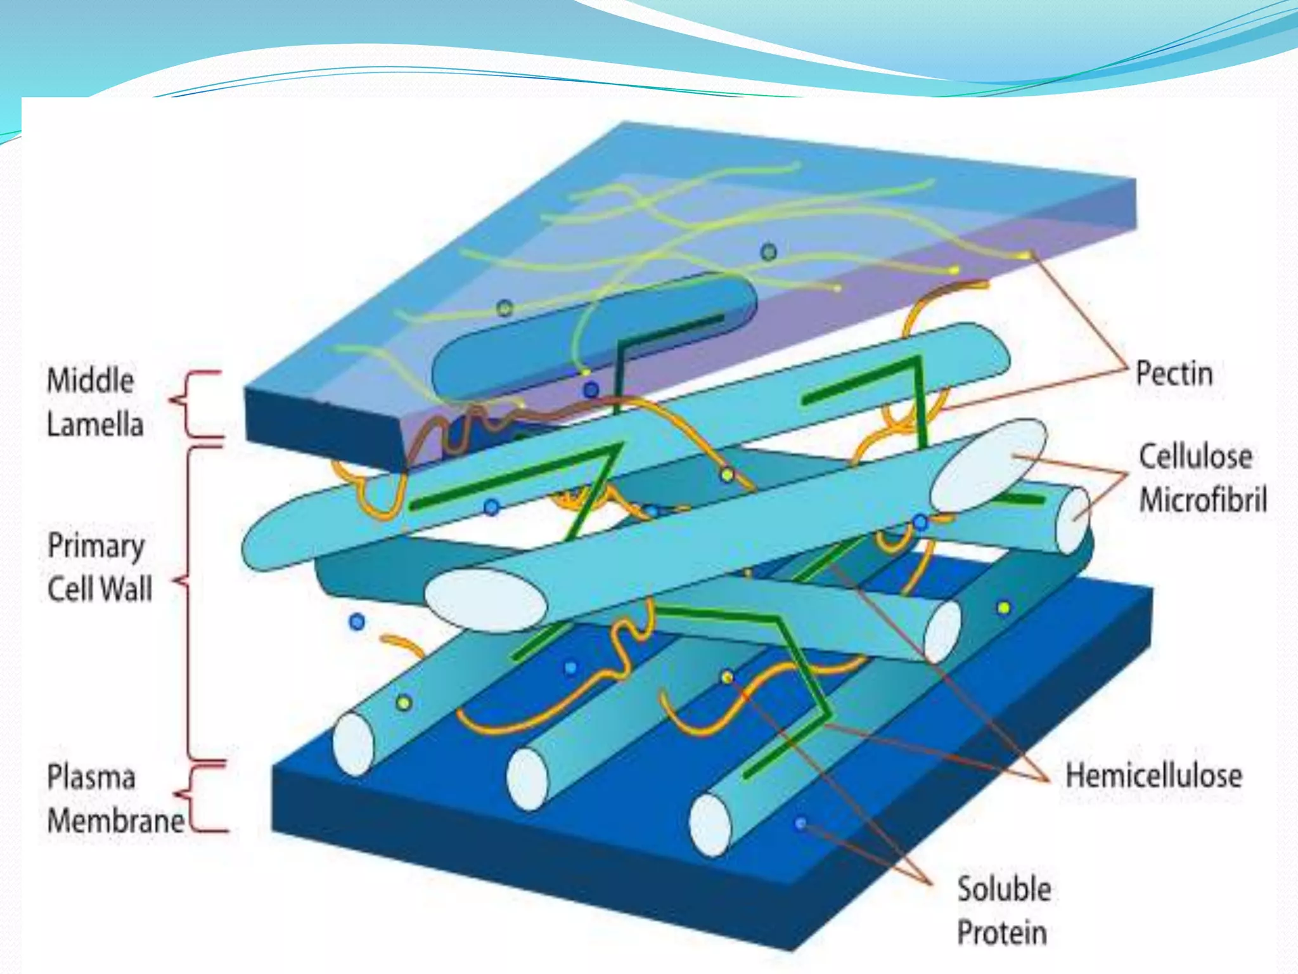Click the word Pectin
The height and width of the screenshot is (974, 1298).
1174,373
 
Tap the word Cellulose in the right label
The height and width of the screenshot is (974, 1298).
1195,457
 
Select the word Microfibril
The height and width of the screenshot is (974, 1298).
1203,500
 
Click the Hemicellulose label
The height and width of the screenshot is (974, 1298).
1153,776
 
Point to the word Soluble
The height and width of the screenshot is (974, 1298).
1004,889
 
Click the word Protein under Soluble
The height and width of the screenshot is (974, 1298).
1001,933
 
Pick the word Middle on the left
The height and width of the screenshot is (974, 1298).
91,380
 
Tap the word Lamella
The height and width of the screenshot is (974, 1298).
95,424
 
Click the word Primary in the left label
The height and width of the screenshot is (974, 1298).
96,547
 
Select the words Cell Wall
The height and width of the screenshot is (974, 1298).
100,589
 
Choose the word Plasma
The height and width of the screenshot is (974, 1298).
91,777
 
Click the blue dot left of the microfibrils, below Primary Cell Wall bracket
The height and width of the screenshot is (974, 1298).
357,621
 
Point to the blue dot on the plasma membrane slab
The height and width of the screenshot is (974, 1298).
800,823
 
